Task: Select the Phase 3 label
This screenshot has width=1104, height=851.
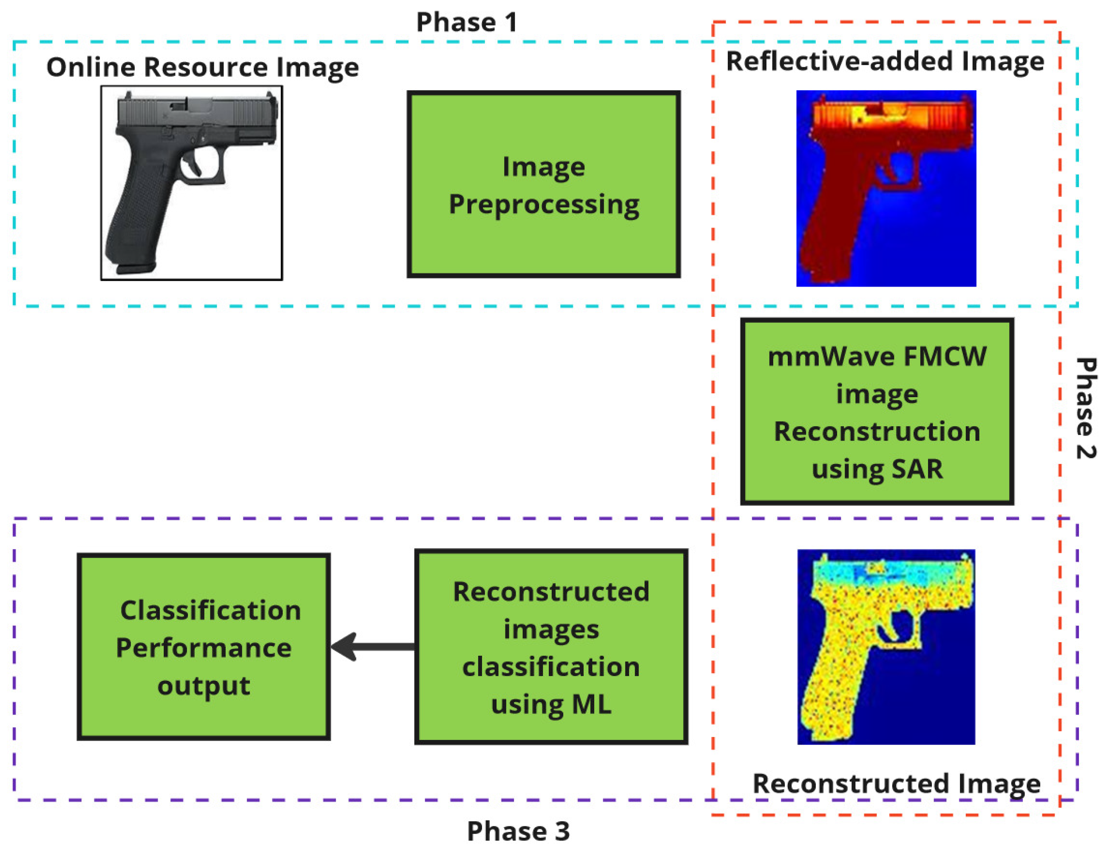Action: click(518, 831)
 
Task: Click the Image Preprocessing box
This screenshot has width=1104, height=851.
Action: click(543, 184)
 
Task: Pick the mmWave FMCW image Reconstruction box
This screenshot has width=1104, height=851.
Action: click(877, 411)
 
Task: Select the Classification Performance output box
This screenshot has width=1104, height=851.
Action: click(203, 647)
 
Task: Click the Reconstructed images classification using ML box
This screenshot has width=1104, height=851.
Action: click(551, 647)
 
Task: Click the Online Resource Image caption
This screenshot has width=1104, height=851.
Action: click(202, 67)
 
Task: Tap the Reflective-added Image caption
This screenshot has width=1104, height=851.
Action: click(885, 62)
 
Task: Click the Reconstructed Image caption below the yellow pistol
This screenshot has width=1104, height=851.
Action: click(896, 783)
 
